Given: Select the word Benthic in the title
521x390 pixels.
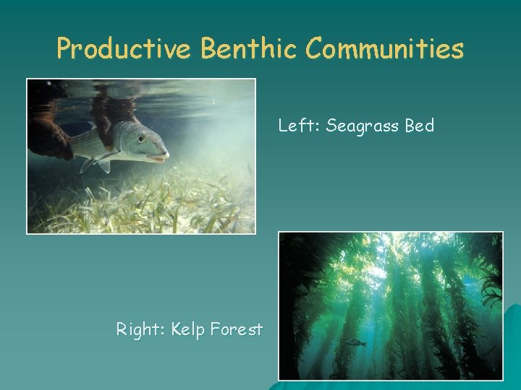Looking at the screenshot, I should tap(249, 48).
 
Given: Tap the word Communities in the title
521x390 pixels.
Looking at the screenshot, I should tap(384, 48).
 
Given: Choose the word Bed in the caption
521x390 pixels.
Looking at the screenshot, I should tap(419, 126).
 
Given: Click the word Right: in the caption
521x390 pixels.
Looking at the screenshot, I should tap(141, 331).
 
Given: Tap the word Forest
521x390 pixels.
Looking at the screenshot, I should tap(236, 330).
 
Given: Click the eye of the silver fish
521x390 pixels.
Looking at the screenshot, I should tap(141, 137).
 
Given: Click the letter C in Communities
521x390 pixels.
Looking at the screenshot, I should tap(314, 48).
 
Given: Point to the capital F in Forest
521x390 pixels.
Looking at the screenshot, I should tap(215, 330).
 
